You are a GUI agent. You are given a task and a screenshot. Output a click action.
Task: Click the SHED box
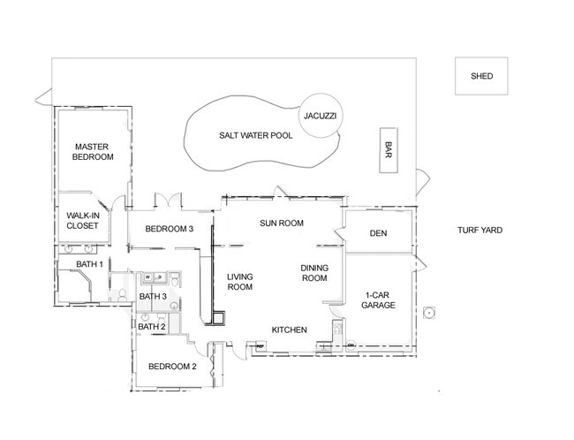(x=482, y=77)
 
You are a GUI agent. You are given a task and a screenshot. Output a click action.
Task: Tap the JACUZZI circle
(x=320, y=117)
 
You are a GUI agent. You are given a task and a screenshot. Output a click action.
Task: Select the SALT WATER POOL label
(x=255, y=136)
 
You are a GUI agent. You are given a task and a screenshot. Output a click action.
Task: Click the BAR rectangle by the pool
(x=387, y=151)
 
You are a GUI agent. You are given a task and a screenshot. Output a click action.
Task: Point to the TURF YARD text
(x=480, y=231)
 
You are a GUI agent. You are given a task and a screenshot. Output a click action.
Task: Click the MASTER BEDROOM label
(x=93, y=151)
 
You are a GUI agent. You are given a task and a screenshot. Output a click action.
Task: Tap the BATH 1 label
(x=89, y=264)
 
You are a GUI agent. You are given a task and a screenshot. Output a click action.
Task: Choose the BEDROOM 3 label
(x=170, y=230)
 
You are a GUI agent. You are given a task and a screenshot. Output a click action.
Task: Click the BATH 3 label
(x=153, y=296)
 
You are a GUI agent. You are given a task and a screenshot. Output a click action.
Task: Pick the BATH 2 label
(x=152, y=327)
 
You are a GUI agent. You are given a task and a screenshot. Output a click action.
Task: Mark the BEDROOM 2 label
(x=171, y=367)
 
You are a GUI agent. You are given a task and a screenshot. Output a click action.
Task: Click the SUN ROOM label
(x=282, y=224)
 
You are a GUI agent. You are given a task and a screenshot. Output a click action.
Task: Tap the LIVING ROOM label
(x=239, y=281)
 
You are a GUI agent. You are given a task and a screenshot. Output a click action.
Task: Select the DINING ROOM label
(x=313, y=273)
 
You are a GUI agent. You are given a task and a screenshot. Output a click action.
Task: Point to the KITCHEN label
(x=289, y=330)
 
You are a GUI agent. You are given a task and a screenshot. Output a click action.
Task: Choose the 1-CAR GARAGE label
(x=378, y=300)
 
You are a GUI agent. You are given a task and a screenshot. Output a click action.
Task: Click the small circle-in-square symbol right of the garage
(x=429, y=312)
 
